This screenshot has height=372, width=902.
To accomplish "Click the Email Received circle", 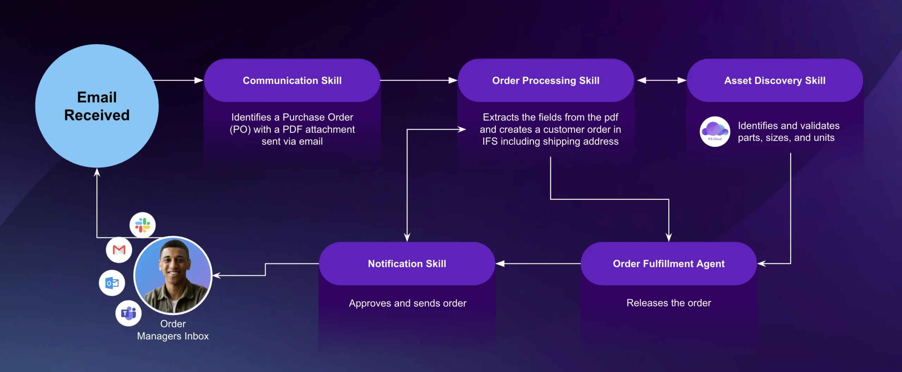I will (x=97, y=106).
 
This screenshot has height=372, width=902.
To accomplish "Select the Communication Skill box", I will (x=292, y=80).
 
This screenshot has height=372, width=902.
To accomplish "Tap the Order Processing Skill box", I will (x=545, y=80).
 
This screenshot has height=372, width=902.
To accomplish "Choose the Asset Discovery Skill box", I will (x=774, y=80).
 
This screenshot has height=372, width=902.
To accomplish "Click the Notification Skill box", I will (x=407, y=263).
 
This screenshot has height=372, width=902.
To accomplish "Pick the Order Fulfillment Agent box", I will (x=668, y=263).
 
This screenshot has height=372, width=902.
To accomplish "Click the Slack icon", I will (x=142, y=225).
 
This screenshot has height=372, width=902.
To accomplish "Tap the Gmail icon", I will (x=119, y=250).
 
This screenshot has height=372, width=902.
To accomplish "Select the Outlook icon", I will (x=112, y=283).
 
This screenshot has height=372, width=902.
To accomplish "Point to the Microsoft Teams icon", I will (x=129, y=313).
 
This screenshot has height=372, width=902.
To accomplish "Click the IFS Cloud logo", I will (x=715, y=131).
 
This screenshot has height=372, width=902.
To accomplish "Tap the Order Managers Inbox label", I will (x=173, y=330).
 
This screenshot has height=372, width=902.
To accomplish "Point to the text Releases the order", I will (x=668, y=303).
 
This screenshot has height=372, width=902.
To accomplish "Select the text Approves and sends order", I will (x=407, y=303).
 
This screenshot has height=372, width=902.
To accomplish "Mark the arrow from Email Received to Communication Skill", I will (x=178, y=80).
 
